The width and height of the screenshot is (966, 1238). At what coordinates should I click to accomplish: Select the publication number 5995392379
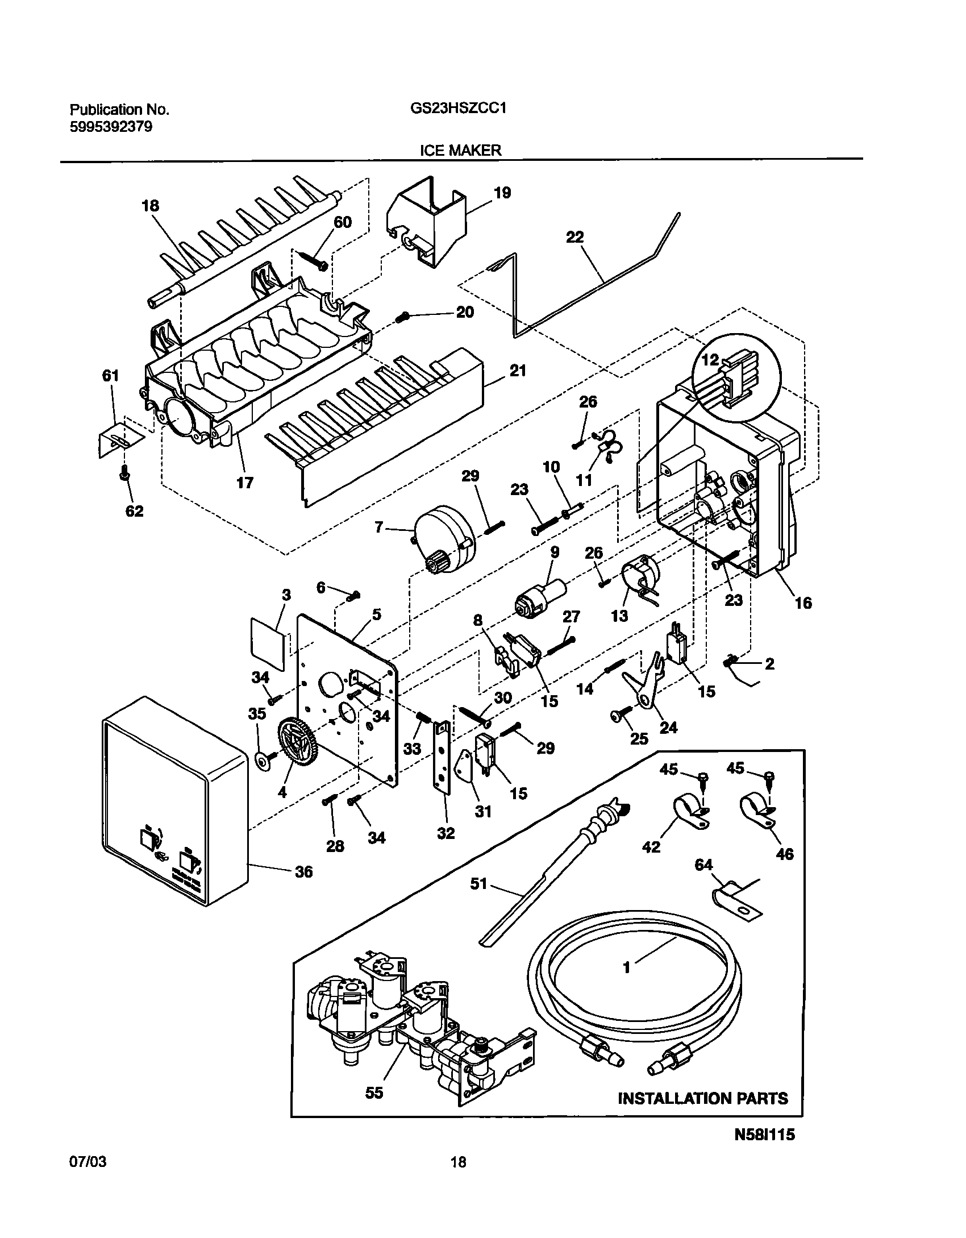[x=111, y=127]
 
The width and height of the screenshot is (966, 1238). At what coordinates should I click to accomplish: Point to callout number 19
[x=502, y=193]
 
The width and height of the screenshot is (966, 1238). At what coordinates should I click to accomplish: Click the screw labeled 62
[x=124, y=473]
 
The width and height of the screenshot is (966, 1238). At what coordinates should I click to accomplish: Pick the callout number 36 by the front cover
[x=304, y=871]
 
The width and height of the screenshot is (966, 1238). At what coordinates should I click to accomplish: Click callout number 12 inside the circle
[x=710, y=360]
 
